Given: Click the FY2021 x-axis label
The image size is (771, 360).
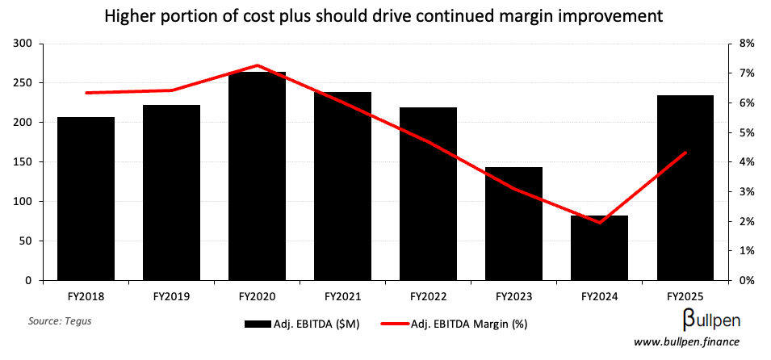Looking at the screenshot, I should point(342,296).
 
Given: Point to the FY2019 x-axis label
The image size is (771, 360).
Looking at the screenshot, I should point(171,296).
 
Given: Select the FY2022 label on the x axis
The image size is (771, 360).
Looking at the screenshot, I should point(428,296).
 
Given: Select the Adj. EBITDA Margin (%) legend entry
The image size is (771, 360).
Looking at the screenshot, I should point(468,324).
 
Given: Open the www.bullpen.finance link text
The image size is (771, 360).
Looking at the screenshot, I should point(686,344).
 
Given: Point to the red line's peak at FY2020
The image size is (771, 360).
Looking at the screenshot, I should point(257,65).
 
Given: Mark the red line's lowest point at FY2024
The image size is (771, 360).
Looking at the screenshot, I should point(599,222).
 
